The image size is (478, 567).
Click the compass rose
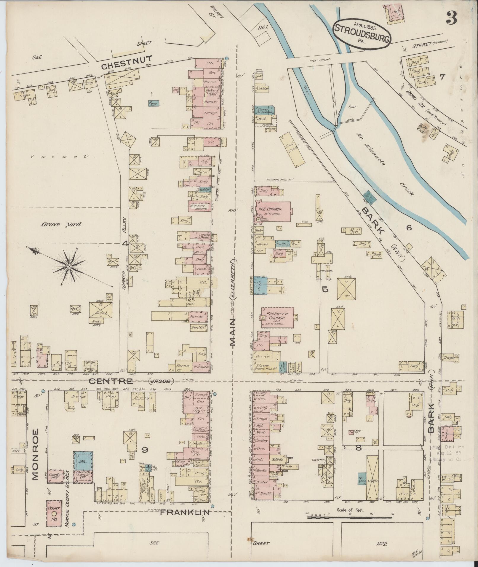69,267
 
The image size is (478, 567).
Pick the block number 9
145,459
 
